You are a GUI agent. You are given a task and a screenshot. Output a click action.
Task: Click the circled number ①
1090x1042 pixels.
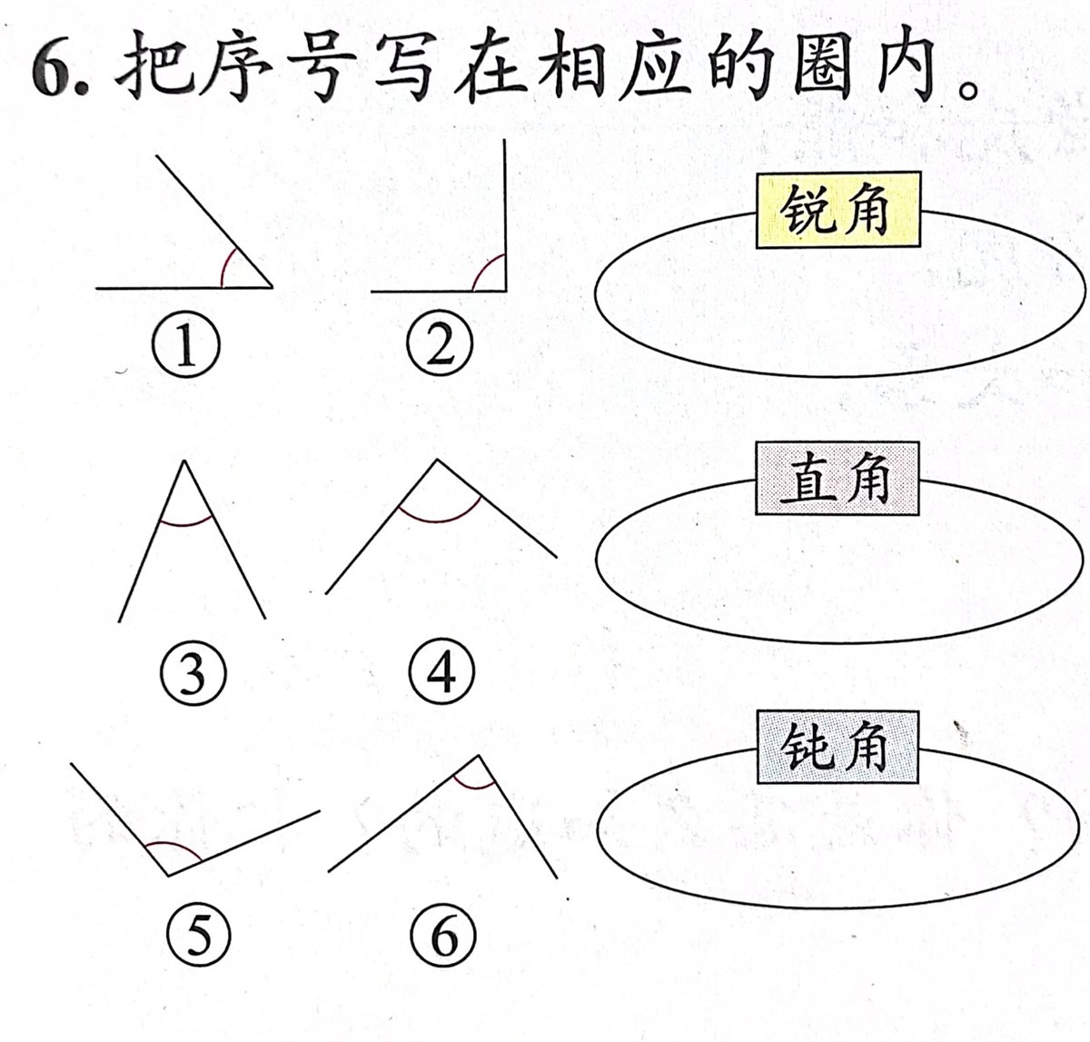pyautogui.click(x=186, y=348)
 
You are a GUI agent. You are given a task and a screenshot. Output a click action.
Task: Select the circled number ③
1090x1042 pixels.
pyautogui.click(x=192, y=674)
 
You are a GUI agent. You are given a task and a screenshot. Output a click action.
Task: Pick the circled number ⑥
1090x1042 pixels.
pyautogui.click(x=443, y=935)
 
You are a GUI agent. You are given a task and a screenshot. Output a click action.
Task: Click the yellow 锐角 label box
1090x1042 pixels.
pyautogui.click(x=837, y=211)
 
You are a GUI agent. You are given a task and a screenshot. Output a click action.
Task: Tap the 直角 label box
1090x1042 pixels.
pyautogui.click(x=837, y=479)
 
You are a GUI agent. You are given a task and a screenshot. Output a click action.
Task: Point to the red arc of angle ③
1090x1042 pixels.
pyautogui.click(x=186, y=524)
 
